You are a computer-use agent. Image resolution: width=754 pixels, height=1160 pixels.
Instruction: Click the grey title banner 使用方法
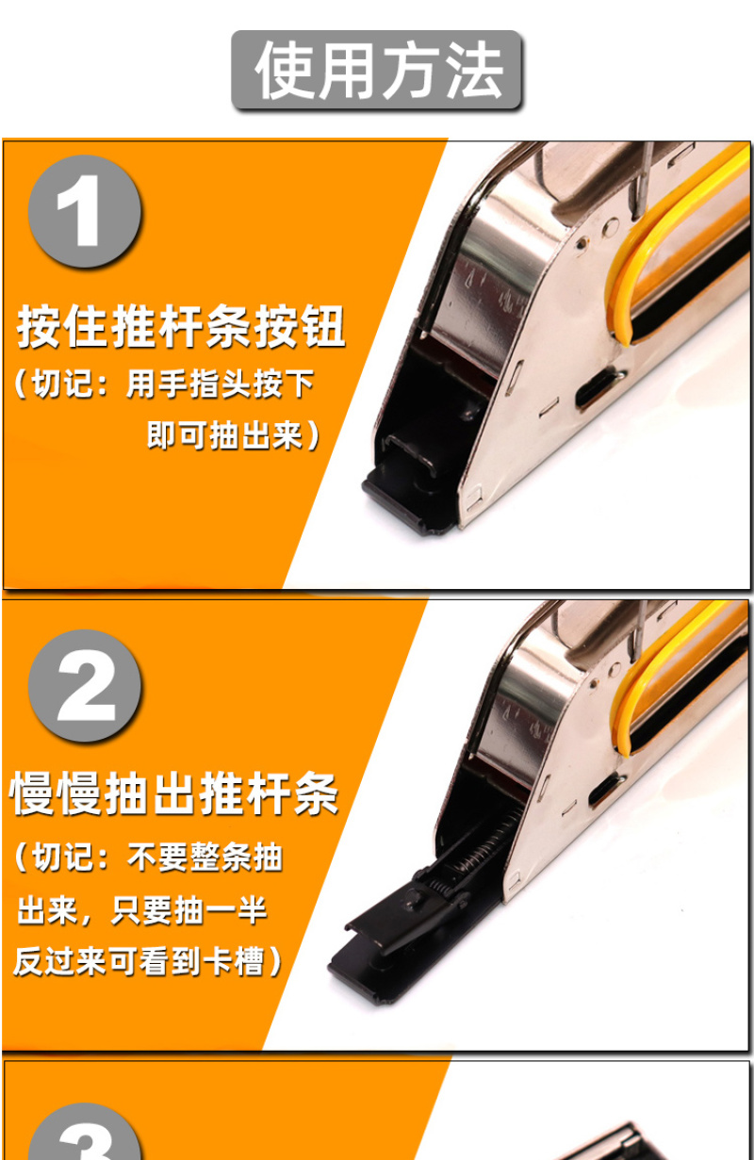[x=376, y=70]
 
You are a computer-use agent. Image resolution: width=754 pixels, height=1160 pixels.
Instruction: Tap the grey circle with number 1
[x=85, y=211]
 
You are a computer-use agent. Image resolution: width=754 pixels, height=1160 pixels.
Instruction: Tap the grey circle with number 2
[x=85, y=685]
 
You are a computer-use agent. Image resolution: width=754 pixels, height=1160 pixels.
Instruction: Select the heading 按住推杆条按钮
[x=181, y=326]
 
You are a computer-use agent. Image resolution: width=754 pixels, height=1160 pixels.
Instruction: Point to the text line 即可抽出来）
[x=233, y=435]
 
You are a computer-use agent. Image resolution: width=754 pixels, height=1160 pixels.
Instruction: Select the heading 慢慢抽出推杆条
[x=174, y=792]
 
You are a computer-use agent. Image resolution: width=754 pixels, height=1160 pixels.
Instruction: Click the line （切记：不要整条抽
[x=149, y=858]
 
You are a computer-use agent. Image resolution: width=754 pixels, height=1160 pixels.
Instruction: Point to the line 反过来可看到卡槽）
[x=148, y=962]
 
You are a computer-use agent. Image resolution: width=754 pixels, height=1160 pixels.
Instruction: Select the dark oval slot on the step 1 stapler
[x=599, y=387]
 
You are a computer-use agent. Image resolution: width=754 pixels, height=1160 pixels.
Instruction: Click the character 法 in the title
[x=474, y=70]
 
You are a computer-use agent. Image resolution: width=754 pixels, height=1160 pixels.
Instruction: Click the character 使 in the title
[x=286, y=70]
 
